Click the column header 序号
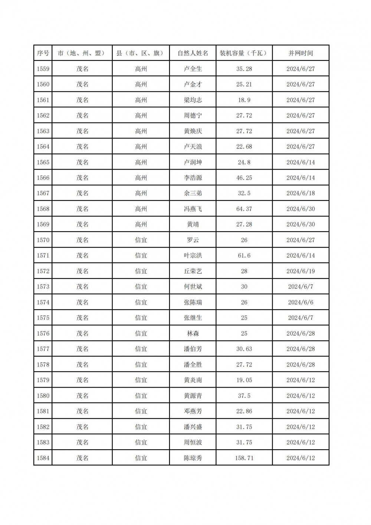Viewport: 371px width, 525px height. click(x=43, y=53)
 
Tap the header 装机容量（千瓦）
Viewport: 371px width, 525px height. click(x=244, y=53)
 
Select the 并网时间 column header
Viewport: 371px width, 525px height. click(x=301, y=53)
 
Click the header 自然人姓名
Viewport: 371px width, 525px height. click(x=193, y=53)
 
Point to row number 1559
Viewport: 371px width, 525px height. click(x=43, y=69)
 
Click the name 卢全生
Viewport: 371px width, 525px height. click(x=193, y=69)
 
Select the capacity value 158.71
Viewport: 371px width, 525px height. click(x=244, y=458)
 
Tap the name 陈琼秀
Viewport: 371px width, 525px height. click(x=193, y=458)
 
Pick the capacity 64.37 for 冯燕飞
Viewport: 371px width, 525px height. click(x=244, y=209)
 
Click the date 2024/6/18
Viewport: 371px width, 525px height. click(x=301, y=193)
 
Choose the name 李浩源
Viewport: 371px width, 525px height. click(x=193, y=178)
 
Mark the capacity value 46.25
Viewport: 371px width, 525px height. click(x=244, y=178)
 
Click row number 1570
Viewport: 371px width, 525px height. click(x=43, y=240)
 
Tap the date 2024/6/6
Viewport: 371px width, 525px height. click(x=301, y=302)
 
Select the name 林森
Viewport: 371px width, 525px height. click(x=193, y=333)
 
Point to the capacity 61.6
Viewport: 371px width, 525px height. click(x=244, y=255)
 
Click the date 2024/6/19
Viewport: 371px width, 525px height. click(x=301, y=271)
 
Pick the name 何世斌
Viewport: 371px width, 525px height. click(x=193, y=287)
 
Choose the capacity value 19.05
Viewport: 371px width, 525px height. click(x=244, y=380)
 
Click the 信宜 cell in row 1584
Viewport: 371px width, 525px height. click(x=141, y=458)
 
